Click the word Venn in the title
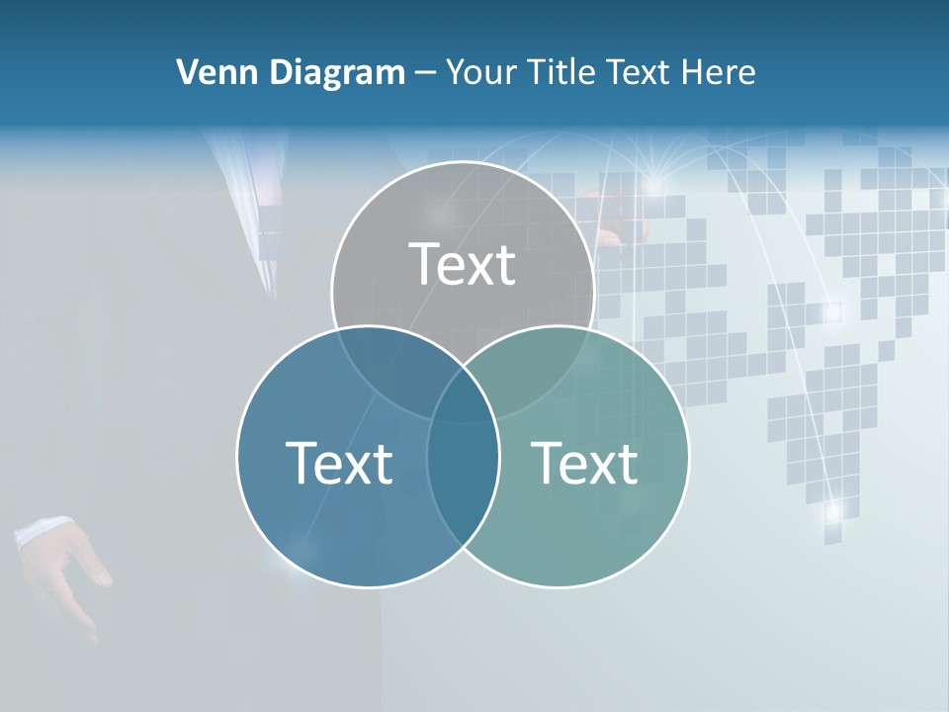(x=210, y=72)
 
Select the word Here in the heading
(x=723, y=72)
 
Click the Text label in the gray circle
(x=463, y=264)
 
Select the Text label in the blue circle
(x=339, y=463)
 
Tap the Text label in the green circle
(x=585, y=463)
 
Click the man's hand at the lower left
(x=74, y=574)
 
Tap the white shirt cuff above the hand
(x=42, y=531)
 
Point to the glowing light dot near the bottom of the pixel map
(x=833, y=510)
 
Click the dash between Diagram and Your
(x=425, y=72)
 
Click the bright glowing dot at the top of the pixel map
(x=653, y=184)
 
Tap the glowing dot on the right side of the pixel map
(x=832, y=312)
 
